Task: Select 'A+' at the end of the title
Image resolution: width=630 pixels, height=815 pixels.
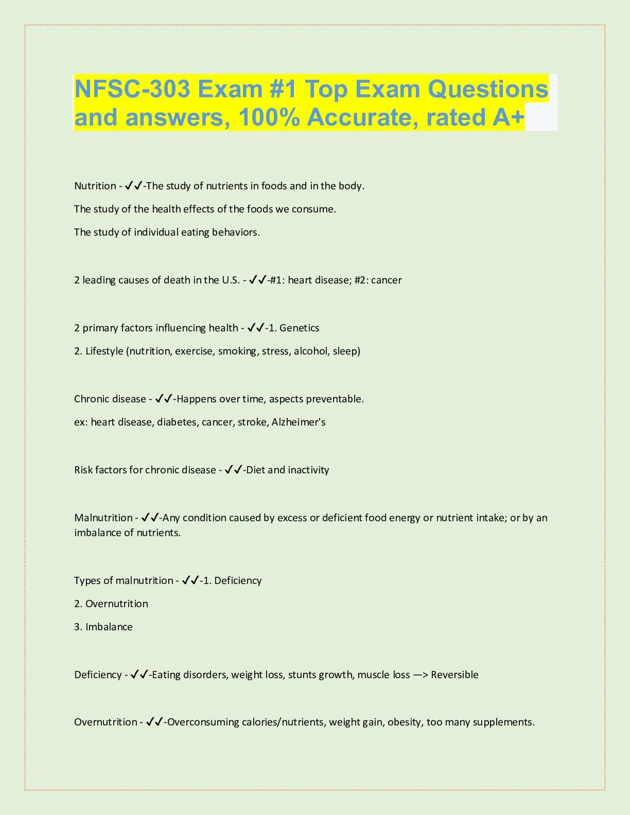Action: click(x=507, y=117)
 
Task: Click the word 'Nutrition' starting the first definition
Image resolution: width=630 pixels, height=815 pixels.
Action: click(x=95, y=186)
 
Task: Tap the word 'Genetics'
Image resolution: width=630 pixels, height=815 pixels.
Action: click(x=300, y=328)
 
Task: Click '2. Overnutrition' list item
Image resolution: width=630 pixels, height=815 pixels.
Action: click(x=111, y=604)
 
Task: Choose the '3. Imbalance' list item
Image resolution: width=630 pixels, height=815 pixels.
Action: click(x=103, y=627)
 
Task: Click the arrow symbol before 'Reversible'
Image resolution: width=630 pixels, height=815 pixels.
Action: click(x=421, y=675)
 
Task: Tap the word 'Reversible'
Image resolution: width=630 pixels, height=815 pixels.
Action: click(x=454, y=675)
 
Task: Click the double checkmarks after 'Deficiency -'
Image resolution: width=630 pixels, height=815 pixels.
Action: click(x=139, y=675)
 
